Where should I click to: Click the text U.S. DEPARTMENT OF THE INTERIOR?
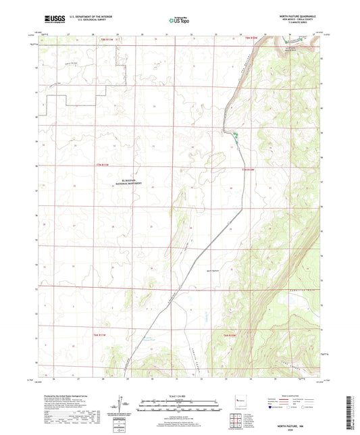[x=91, y=18]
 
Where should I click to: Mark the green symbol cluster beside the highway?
[x=235, y=137]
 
